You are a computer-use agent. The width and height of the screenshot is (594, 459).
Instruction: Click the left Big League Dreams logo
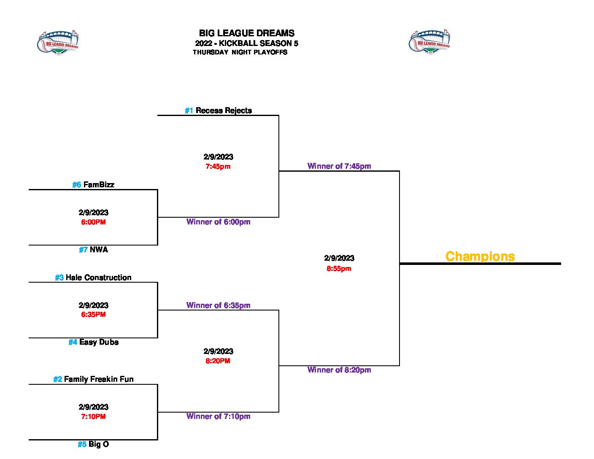[x=58, y=43]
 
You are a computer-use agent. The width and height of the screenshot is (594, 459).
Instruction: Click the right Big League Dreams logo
[x=429, y=43]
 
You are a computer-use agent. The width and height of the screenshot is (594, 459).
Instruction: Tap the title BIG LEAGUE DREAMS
[x=246, y=33]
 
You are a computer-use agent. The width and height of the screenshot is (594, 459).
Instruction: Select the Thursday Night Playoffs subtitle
[x=240, y=52]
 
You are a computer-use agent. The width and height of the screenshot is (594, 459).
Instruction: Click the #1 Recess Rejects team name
[x=218, y=111]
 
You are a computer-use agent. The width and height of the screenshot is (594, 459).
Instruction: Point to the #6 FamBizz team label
[x=93, y=185]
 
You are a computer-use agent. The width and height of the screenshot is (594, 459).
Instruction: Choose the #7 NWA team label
[x=93, y=250]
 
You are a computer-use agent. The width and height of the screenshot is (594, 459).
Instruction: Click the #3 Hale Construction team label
[x=93, y=278]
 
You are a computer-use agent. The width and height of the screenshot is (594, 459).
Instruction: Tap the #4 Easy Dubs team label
[x=93, y=342]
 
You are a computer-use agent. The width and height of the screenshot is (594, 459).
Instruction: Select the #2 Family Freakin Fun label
[x=93, y=379]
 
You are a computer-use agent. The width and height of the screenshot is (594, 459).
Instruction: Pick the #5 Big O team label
[x=93, y=444]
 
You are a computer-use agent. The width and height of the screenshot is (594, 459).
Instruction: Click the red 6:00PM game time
[x=93, y=222]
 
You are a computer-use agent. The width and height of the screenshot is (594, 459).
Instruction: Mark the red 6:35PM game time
[x=93, y=315]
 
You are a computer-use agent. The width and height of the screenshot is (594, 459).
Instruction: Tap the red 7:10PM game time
[x=93, y=417]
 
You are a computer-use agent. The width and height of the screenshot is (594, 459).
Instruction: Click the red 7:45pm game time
[x=218, y=167]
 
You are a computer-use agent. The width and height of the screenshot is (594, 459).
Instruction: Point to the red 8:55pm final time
[x=339, y=269]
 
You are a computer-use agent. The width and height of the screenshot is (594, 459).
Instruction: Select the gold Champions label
[x=480, y=256]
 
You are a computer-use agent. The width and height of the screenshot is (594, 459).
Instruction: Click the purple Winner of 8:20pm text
[x=339, y=370]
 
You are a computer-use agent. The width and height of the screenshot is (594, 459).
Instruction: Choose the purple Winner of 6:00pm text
[x=218, y=222]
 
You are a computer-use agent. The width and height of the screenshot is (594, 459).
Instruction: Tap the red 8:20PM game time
[x=218, y=361]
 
